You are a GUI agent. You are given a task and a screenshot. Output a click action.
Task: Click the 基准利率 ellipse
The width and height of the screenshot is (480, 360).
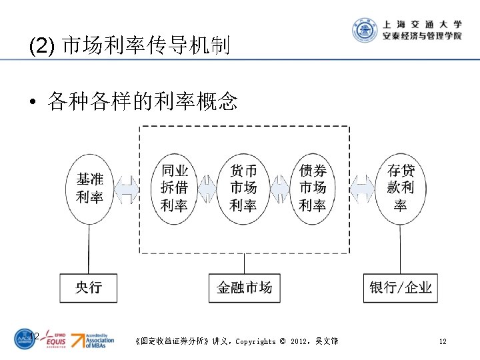tap(89, 189)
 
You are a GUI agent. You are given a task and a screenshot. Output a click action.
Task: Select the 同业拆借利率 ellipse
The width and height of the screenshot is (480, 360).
tap(175, 189)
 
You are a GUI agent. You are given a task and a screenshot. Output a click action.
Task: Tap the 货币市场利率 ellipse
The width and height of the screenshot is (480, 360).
tap(243, 189)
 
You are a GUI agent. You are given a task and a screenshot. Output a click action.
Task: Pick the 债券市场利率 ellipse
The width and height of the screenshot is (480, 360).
tap(313, 189)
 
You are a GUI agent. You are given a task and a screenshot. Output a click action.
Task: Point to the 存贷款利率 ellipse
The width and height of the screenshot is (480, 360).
tap(400, 189)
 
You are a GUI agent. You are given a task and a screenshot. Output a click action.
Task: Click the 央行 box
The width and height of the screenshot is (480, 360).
tap(89, 287)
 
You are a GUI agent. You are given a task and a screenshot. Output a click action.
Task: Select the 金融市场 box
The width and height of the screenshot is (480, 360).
tap(244, 287)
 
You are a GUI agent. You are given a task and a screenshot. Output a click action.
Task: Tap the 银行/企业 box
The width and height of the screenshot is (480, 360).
tap(401, 287)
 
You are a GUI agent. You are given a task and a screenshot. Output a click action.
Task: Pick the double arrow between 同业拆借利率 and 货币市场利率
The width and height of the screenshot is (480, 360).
tap(209, 189)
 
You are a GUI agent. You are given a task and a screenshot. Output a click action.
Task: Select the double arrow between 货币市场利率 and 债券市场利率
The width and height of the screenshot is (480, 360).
tap(278, 189)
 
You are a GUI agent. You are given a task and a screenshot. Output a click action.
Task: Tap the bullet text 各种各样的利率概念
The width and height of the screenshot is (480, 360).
tap(142, 101)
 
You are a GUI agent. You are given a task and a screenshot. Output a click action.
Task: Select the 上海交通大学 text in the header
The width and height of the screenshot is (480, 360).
tap(422, 23)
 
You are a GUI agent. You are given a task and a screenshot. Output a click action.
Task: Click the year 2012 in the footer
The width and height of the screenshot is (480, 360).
tap(299, 341)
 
